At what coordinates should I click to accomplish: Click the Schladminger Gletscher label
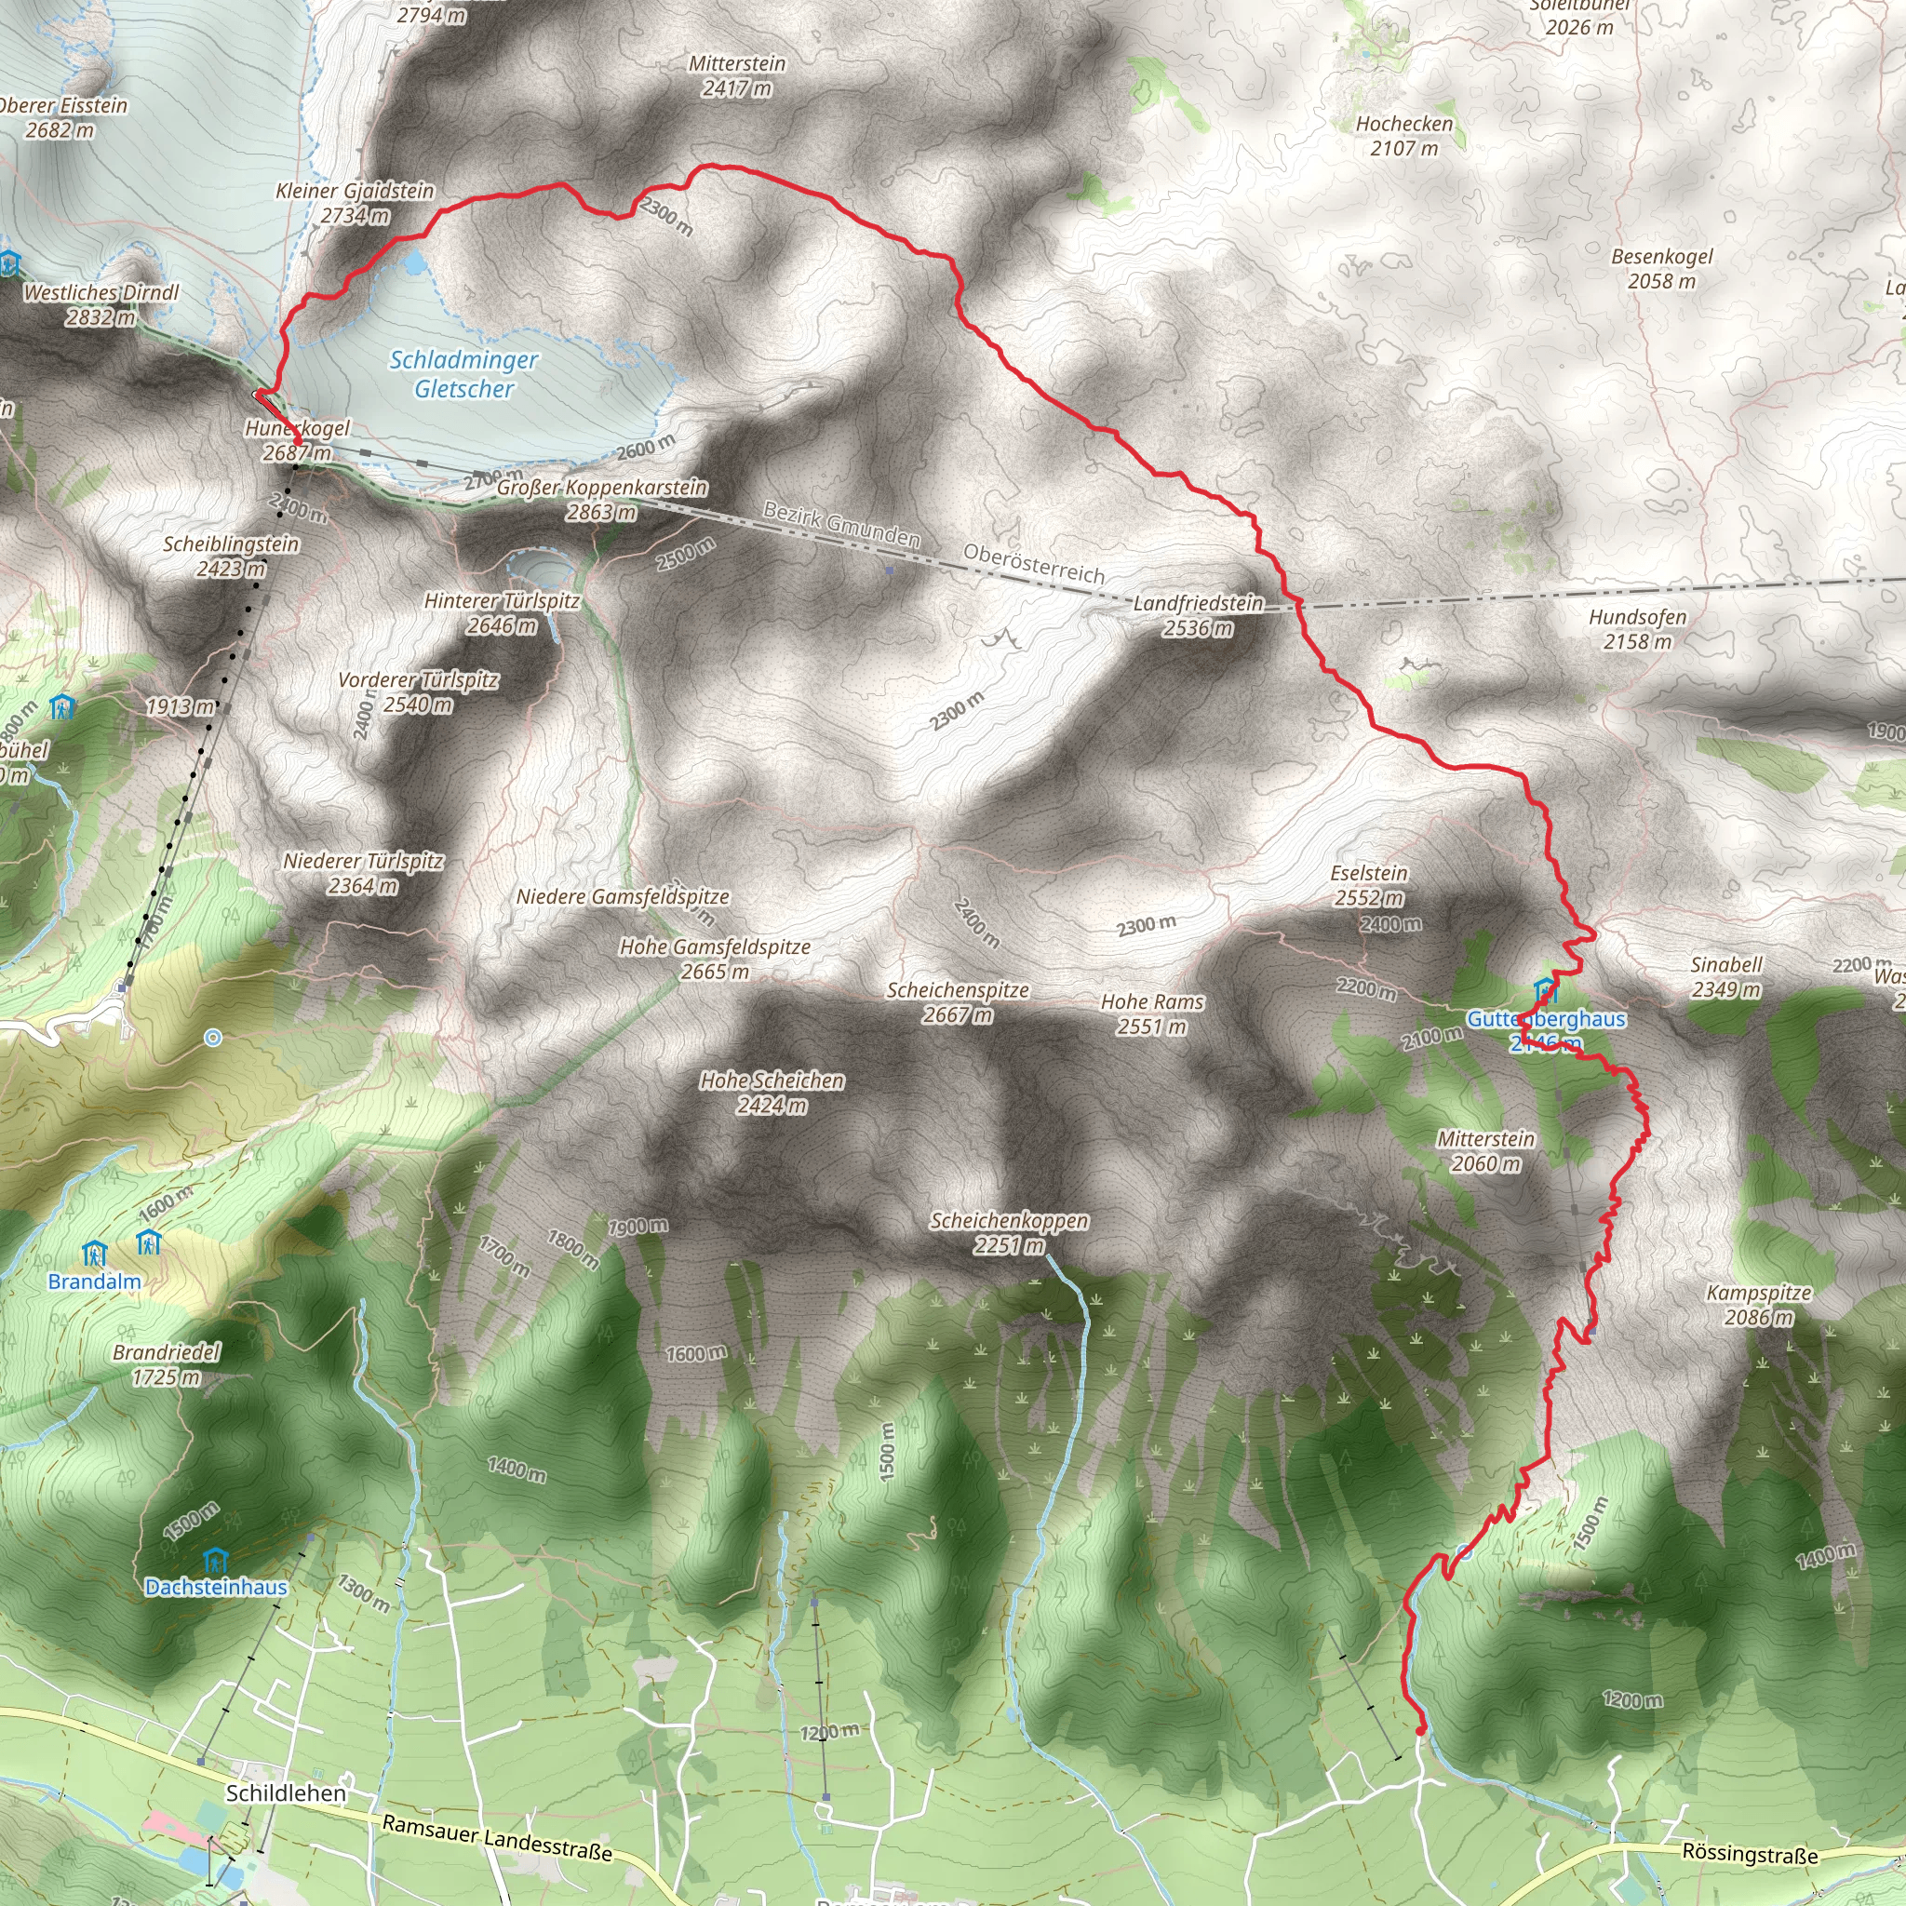tap(463, 374)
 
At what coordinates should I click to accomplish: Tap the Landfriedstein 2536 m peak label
tap(1198, 614)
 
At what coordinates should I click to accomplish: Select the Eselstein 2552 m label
tap(1368, 885)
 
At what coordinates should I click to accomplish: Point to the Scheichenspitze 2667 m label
tap(957, 1001)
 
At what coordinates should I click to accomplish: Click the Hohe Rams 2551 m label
tap(1152, 1013)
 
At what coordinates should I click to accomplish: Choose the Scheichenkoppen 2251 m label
tap(1009, 1232)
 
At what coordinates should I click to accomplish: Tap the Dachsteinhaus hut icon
tap(214, 1560)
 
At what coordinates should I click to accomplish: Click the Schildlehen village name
tap(286, 1792)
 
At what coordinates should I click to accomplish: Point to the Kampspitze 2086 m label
tap(1759, 1304)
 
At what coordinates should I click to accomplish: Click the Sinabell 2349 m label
tap(1725, 976)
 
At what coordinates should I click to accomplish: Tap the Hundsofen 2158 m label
tap(1638, 628)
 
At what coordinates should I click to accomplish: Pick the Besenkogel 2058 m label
tap(1662, 268)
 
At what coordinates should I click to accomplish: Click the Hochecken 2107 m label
tap(1403, 135)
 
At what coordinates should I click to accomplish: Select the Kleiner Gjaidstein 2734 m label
tap(356, 202)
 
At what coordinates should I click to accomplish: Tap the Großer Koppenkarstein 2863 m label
tap(602, 499)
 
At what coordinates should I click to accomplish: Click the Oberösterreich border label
tap(1033, 563)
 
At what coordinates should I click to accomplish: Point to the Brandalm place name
tap(95, 1282)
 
